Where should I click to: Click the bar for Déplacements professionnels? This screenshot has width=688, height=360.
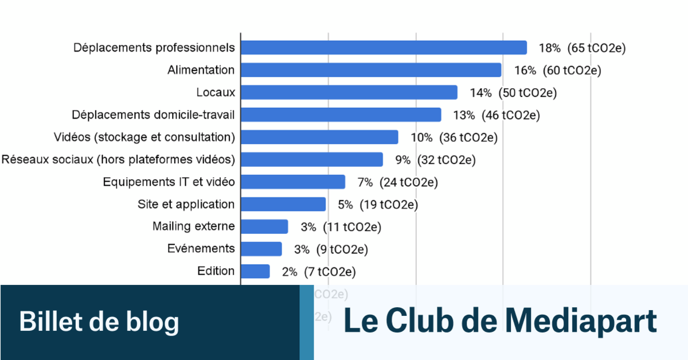pos(383,48)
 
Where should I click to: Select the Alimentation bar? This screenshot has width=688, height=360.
pos(370,70)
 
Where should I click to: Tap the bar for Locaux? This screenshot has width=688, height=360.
pos(349,92)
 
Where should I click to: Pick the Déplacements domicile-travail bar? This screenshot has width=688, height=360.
pos(341,115)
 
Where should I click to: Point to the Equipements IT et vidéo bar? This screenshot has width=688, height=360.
pos(292,182)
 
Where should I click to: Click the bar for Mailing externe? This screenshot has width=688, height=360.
pos(264,226)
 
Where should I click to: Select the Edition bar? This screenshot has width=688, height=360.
pos(255,271)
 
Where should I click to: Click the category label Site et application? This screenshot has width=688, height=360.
pos(186,204)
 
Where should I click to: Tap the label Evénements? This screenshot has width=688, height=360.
pos(201,249)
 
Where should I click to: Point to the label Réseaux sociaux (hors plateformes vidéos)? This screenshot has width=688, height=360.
pos(118,159)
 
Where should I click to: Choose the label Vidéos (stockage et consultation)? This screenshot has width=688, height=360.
pos(144,137)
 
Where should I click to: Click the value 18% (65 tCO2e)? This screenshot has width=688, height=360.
pos(581,48)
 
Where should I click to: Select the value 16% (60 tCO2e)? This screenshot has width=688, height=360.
pos(557,71)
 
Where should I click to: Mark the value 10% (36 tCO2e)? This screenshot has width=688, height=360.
pos(454,138)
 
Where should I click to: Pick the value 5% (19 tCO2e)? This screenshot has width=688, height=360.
pos(381,205)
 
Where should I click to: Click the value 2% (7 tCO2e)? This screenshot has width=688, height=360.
pos(318,272)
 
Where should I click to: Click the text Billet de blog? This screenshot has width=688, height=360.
pos(99,322)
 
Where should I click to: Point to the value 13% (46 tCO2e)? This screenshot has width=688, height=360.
pos(497,115)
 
